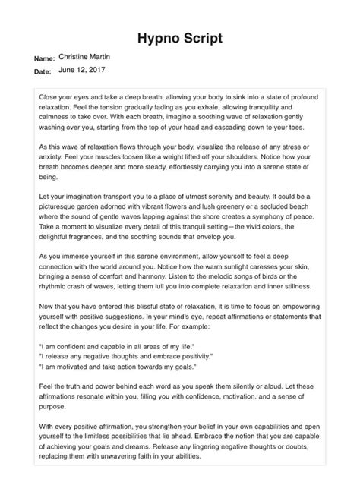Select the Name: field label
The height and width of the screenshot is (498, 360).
(x=45, y=58)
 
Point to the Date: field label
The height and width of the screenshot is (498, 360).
(x=43, y=72)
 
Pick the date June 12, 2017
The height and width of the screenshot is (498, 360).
(x=82, y=70)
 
